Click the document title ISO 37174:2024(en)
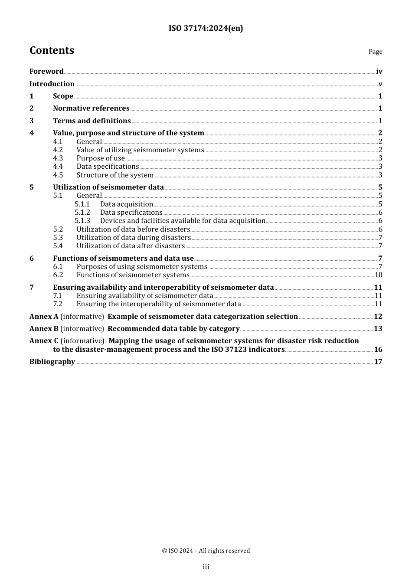(206, 28)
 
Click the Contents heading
(52, 50)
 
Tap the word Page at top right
(375, 52)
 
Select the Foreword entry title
(46, 72)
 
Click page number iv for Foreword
(379, 72)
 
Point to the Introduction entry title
(52, 84)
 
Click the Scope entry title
(63, 96)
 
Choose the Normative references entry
(91, 108)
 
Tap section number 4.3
(58, 158)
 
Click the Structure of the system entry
(115, 175)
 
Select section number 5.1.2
(82, 213)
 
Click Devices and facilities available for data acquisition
(182, 221)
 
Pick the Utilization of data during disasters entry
(134, 238)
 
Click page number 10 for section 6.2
(378, 275)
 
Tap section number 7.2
(58, 304)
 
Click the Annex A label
(44, 317)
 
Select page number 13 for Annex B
(378, 329)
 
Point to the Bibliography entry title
(52, 362)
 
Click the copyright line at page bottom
(206, 551)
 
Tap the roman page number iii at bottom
(206, 567)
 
